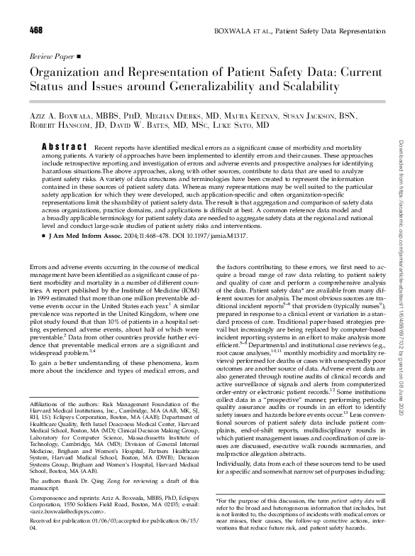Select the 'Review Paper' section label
coord(52,55)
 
